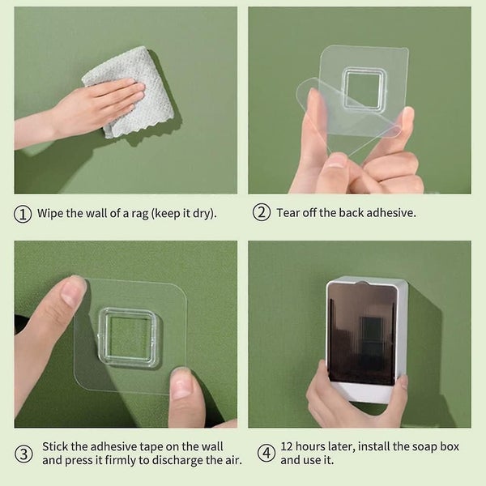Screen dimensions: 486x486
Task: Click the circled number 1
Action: coord(23,214)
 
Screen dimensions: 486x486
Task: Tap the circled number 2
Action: coord(262,212)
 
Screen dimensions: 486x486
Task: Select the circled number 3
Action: coord(23,454)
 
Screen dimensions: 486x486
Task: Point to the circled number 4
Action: coord(266,453)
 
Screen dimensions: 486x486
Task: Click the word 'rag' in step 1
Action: coord(140,214)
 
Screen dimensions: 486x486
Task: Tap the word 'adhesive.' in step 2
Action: coord(391,212)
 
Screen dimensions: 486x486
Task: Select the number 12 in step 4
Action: coord(287,446)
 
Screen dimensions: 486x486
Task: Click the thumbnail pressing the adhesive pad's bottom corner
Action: coord(181,384)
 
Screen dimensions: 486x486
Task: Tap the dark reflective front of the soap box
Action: coord(362,334)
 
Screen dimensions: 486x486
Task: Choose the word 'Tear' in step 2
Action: coord(288,212)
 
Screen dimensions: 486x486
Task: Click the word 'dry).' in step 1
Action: coord(204,214)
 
